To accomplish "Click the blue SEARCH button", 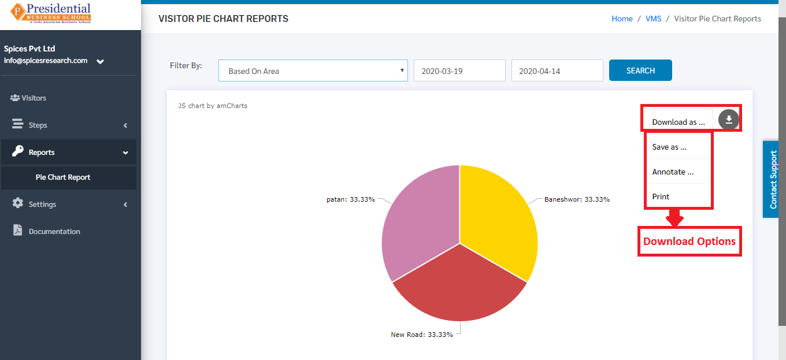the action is point(640,70).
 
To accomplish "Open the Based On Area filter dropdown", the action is point(313,70).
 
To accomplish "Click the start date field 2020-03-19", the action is point(459,70).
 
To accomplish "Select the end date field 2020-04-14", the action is point(557,70).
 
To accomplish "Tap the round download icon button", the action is point(728,120).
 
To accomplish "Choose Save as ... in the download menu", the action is point(669,147).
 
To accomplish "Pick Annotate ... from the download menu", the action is point(673,172).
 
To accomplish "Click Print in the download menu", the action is point(661,196).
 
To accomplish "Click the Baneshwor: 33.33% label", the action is point(577,199).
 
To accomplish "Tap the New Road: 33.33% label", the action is point(422,335).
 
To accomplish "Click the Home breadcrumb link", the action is point(622,18).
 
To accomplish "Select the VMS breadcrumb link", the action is point(653,18).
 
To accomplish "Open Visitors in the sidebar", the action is point(28,98).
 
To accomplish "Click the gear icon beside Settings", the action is point(17,203).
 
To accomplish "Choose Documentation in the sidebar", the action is point(46,231).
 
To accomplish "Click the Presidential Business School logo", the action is point(50,13).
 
